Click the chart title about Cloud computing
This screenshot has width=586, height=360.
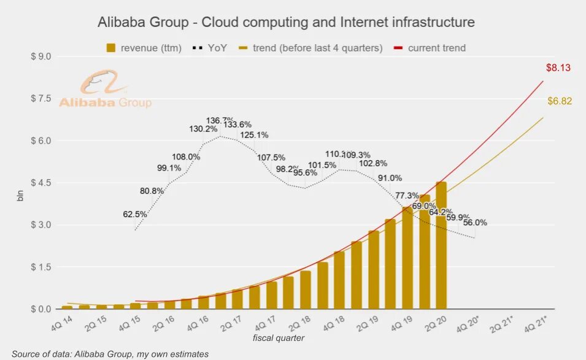pos(286,22)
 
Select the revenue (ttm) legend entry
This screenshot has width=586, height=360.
pos(144,48)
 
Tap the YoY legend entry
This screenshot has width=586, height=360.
pos(210,48)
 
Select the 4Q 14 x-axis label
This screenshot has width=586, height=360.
pos(61,322)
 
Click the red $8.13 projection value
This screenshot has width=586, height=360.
pos(558,68)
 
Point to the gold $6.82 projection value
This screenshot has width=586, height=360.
pos(560,101)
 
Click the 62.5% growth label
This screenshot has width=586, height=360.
pos(135,215)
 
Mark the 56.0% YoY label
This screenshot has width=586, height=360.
pos(475,223)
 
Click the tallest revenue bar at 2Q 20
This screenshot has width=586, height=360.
pos(441,245)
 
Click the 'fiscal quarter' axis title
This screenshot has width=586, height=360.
pos(279,338)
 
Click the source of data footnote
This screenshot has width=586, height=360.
pos(110,354)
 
